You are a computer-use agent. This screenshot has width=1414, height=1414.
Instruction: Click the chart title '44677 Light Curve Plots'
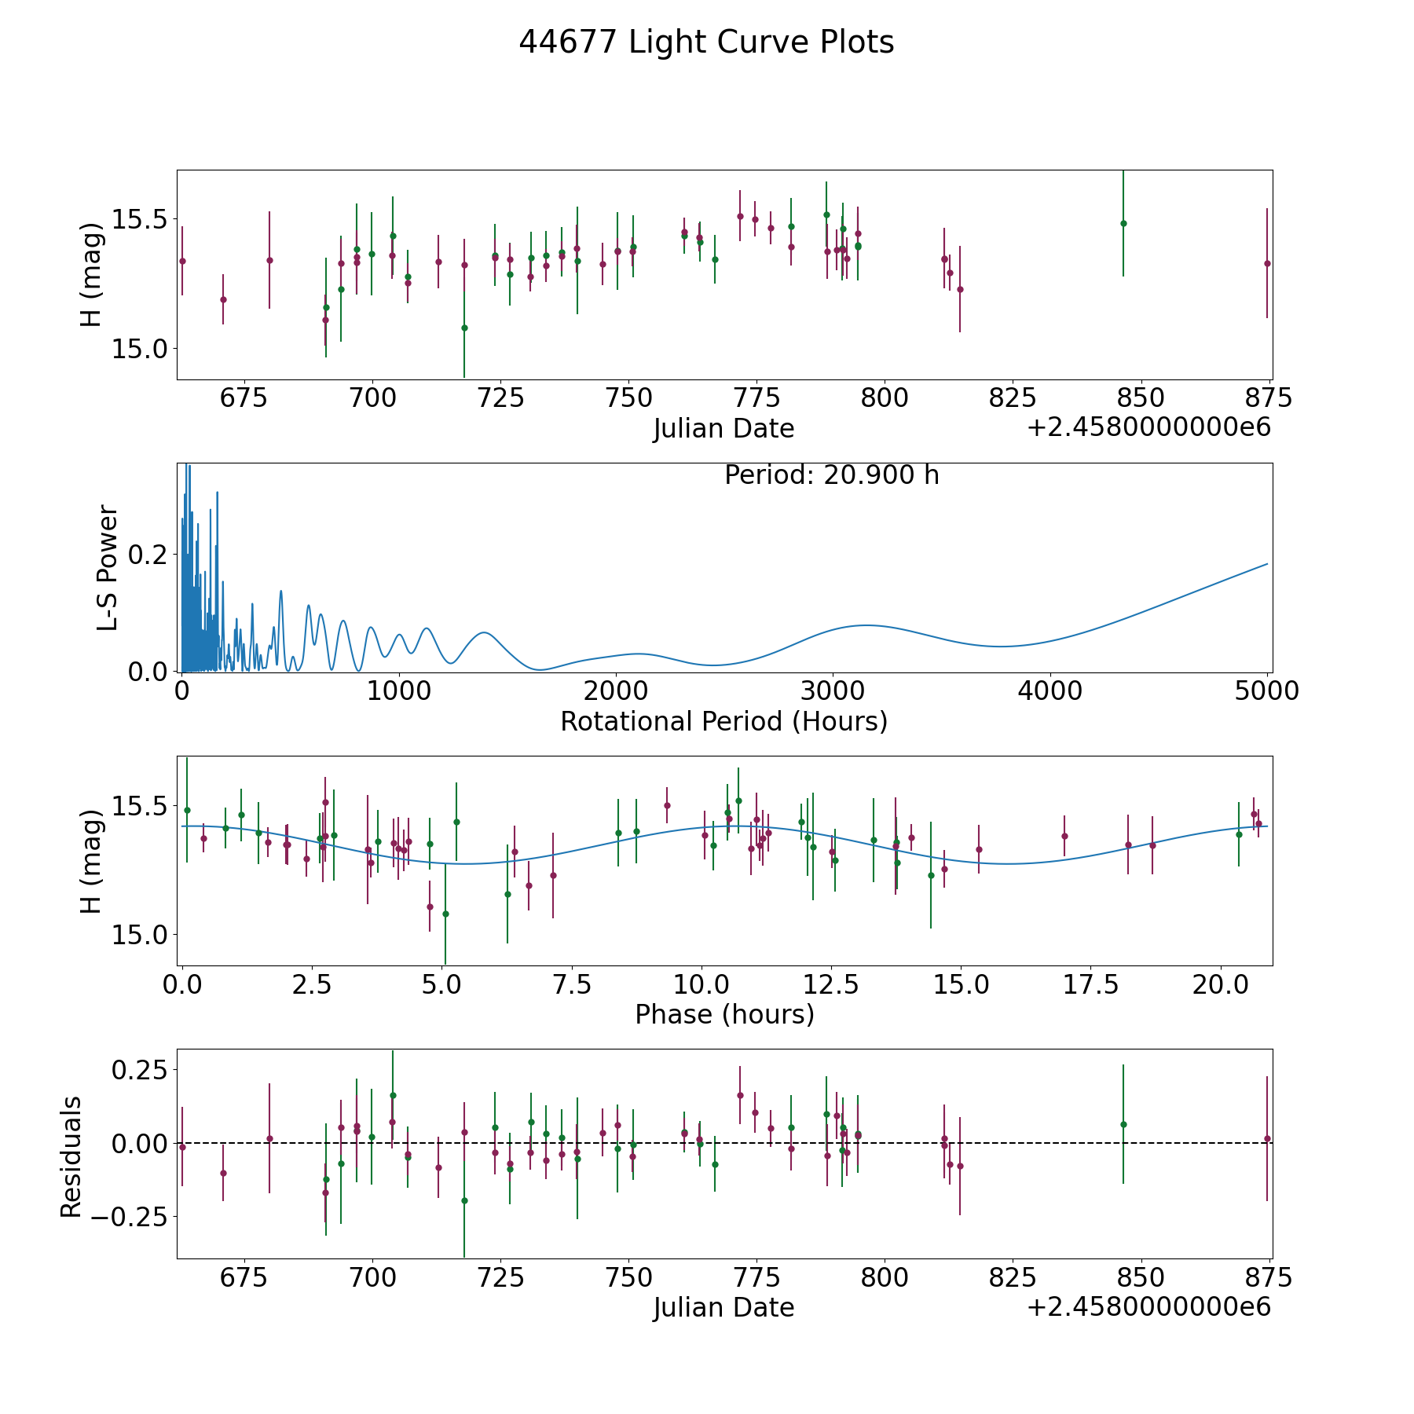[x=706, y=42]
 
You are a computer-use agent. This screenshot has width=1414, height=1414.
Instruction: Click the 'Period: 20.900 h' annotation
[x=831, y=475]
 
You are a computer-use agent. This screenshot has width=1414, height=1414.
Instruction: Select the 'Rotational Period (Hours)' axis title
[x=723, y=721]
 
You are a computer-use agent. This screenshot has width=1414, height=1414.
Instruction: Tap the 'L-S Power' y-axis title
[x=108, y=568]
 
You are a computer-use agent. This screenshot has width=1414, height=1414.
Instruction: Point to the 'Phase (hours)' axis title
[x=723, y=1014]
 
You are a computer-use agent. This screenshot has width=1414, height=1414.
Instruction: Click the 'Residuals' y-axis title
[x=71, y=1157]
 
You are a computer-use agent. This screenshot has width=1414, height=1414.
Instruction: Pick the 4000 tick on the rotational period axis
[x=1049, y=691]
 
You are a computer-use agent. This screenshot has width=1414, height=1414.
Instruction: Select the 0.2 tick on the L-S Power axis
[x=148, y=555]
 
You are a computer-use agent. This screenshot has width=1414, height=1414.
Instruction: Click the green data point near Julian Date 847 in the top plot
[x=1123, y=223]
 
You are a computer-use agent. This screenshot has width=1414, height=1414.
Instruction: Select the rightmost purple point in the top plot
[x=1267, y=263]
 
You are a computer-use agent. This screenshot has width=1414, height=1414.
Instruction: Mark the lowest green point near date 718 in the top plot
[x=464, y=328]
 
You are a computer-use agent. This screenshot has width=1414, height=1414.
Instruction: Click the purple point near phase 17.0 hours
[x=1064, y=836]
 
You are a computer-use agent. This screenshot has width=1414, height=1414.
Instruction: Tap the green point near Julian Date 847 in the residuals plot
[x=1123, y=1124]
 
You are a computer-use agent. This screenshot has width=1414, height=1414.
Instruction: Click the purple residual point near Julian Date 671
[x=223, y=1173]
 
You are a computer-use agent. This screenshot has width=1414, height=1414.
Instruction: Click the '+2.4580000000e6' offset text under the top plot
[x=1148, y=428]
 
